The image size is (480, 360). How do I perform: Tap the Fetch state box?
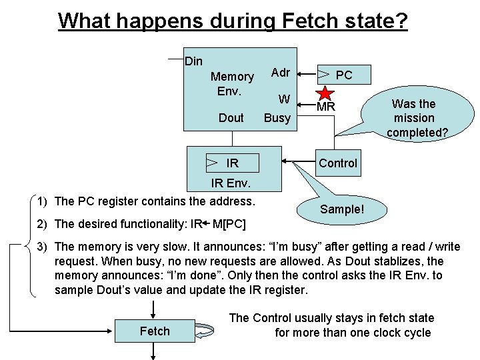click(155, 331)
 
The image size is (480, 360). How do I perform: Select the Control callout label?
click(337, 163)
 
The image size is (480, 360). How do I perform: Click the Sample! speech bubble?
click(342, 209)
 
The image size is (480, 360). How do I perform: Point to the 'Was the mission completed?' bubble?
click(413, 117)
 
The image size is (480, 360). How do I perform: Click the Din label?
click(193, 61)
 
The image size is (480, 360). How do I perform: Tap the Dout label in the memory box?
click(231, 118)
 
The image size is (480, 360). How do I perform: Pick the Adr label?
click(280, 72)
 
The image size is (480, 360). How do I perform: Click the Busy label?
click(277, 118)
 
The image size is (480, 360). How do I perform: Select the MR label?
click(326, 107)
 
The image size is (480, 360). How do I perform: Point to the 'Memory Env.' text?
click(231, 83)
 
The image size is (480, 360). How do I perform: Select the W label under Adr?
click(284, 99)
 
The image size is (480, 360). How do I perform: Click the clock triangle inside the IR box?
click(212, 162)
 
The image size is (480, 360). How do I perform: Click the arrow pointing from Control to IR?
click(297, 162)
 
